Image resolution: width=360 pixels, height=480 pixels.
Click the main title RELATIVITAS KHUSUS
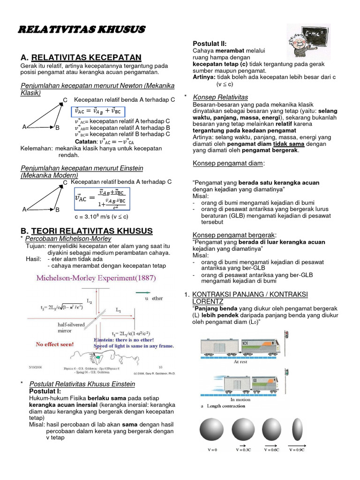[x=82, y=30]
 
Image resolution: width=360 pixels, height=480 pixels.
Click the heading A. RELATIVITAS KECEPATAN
[x=81, y=58]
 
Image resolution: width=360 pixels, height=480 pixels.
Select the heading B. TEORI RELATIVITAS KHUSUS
[x=87, y=231]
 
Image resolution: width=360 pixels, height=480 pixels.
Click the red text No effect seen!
[x=55, y=344]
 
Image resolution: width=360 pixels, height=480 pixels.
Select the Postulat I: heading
[x=45, y=391]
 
